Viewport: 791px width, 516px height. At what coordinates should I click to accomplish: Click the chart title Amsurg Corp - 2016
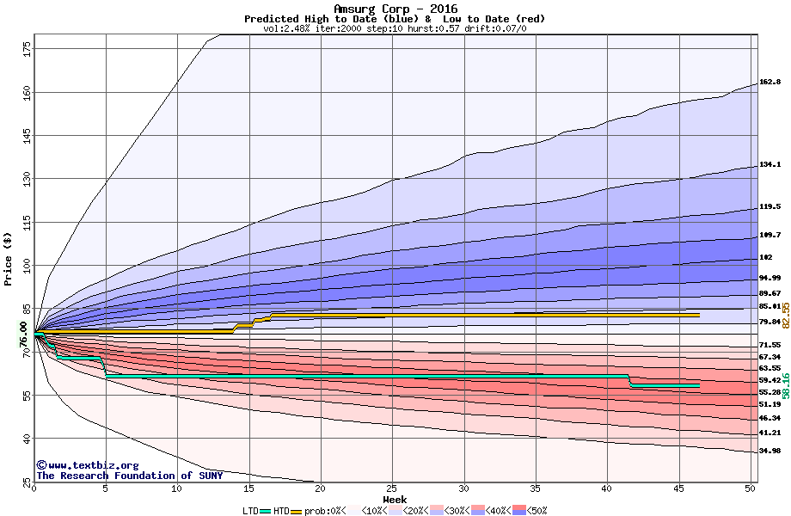[395, 9]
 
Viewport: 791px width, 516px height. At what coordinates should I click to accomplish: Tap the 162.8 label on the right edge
[770, 83]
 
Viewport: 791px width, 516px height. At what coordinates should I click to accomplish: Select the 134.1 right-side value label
[770, 164]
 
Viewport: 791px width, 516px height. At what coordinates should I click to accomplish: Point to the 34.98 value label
[770, 451]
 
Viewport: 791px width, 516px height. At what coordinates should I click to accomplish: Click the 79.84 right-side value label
[770, 322]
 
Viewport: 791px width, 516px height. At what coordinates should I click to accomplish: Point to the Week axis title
[395, 499]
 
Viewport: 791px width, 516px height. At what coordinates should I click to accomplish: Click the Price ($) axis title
[9, 258]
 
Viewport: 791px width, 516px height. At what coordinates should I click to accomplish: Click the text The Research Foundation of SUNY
[129, 476]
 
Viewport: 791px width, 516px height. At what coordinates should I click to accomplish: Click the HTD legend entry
[282, 510]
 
